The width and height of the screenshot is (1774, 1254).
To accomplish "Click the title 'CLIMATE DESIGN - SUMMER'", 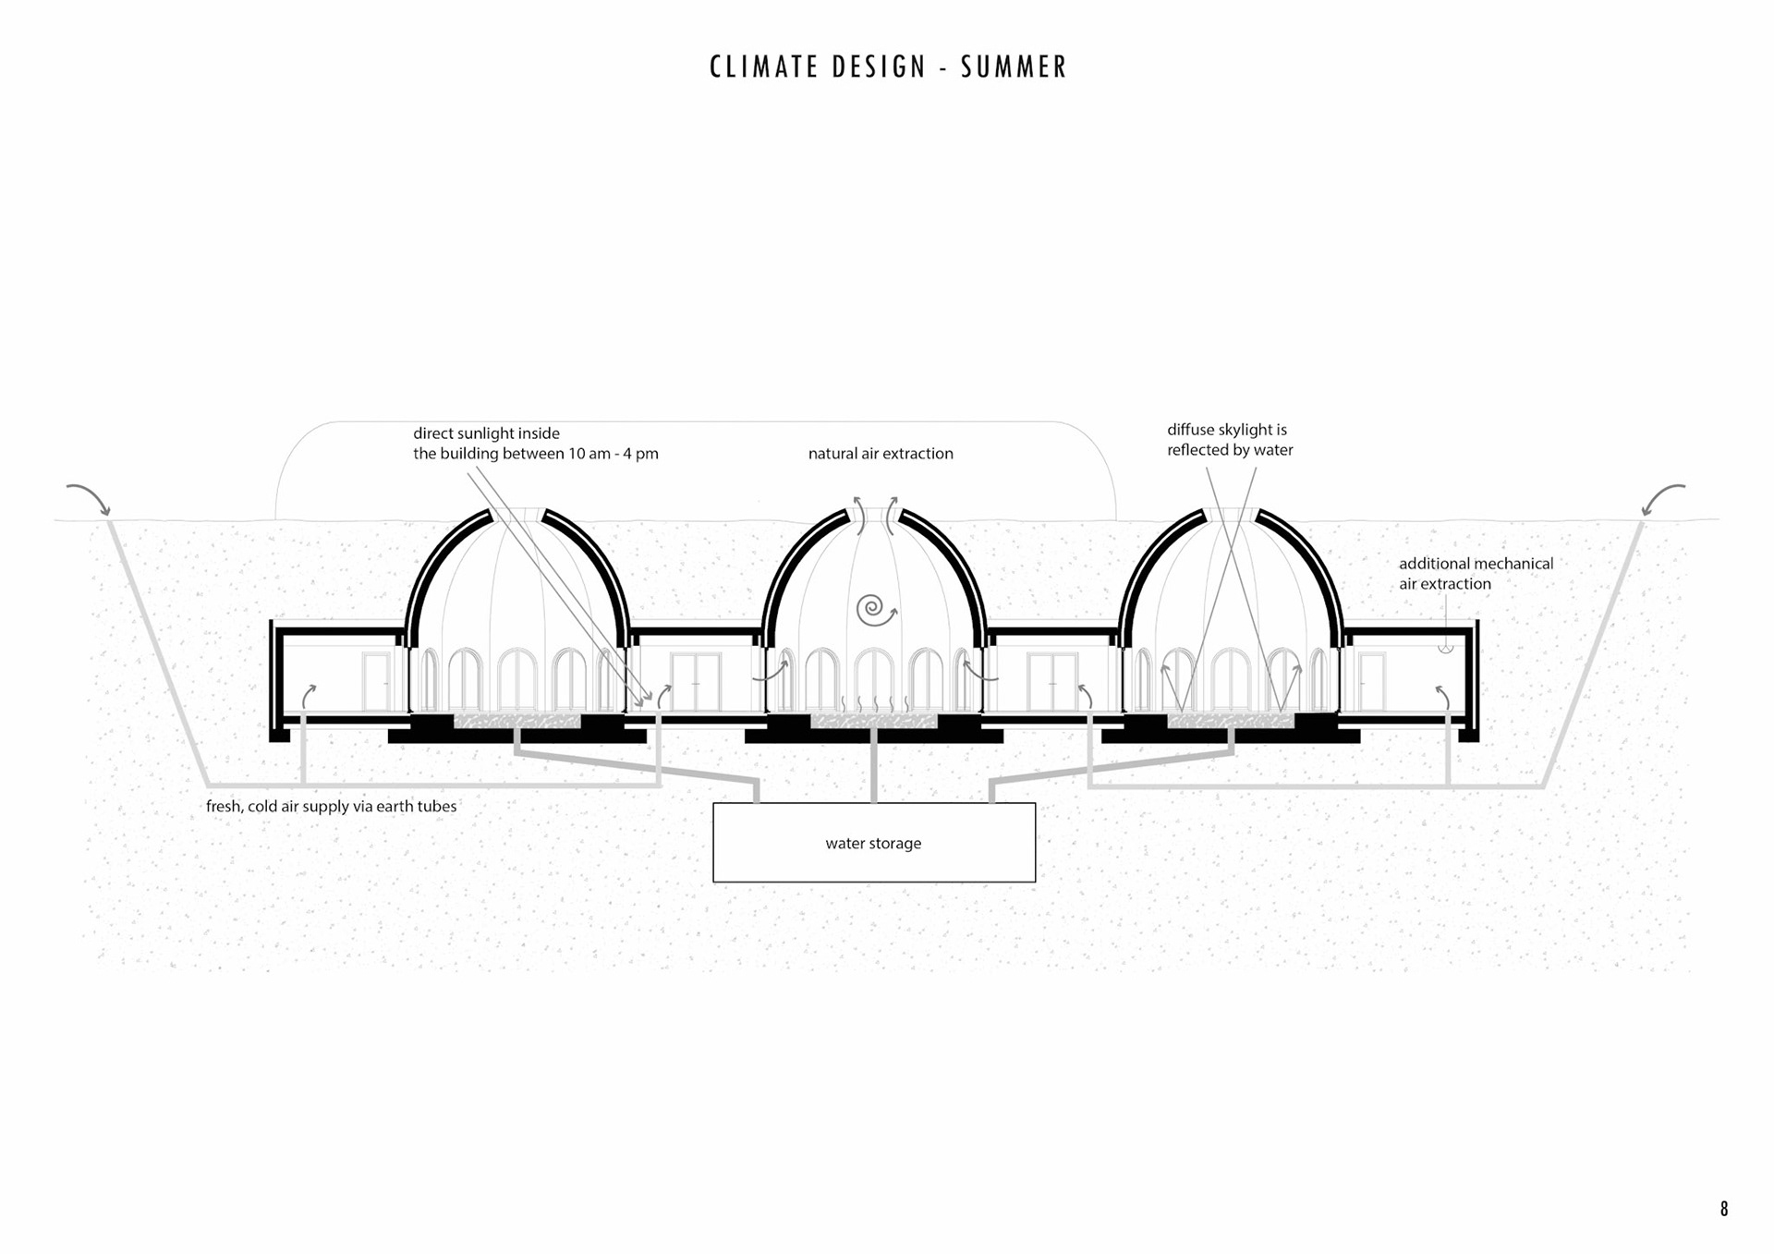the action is click(888, 67).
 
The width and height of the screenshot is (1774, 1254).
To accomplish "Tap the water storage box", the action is click(874, 843).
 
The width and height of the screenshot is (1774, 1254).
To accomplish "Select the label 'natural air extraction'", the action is click(881, 454).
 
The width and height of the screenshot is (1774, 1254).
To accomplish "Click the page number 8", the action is click(1724, 1209).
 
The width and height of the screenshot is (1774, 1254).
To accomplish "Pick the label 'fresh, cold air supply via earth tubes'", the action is click(331, 807).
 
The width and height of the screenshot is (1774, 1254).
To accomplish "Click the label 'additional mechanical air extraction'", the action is click(1476, 574).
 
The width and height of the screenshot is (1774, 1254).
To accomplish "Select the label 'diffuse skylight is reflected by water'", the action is click(1230, 440).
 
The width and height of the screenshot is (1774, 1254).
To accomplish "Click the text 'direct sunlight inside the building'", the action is click(535, 444).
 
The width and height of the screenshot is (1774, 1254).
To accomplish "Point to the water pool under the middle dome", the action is click(874, 721).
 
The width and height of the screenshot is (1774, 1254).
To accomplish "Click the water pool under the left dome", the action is click(517, 721).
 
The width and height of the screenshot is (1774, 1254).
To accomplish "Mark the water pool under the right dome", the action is click(1231, 721).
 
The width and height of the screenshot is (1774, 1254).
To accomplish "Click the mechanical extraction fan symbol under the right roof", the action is click(1446, 648).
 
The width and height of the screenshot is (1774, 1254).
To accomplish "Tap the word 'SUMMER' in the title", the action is click(1014, 67).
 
